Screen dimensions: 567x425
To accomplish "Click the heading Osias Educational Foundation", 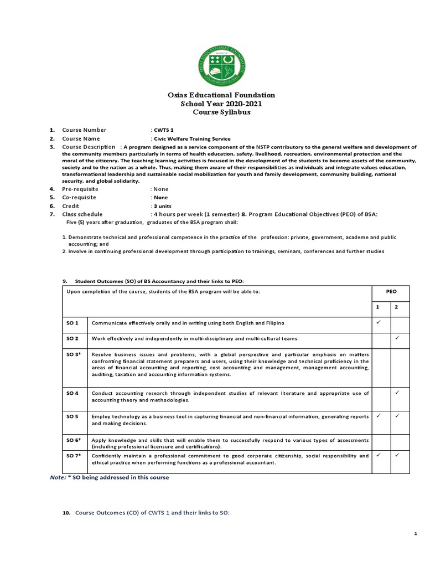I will pos(221,95).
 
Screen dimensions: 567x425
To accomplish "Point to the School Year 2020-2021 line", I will pos(221,104).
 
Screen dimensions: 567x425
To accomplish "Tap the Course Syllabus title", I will pos(221,112).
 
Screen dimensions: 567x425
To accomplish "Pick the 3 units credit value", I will pos(162,205).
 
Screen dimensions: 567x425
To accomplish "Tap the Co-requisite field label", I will pos(79,197).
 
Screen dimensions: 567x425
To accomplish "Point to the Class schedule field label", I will pos(82,214).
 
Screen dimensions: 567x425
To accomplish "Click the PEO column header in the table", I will pos(391,291).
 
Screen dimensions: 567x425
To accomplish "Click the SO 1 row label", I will pos(73,322).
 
